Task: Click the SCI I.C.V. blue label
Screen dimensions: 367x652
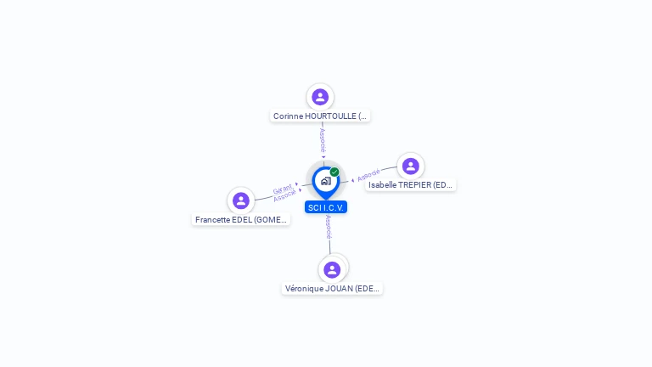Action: tap(326, 207)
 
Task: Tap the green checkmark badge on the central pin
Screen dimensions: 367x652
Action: tap(334, 172)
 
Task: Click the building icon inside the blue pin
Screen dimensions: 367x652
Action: tap(325, 180)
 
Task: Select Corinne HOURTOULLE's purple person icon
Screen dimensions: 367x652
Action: tap(320, 97)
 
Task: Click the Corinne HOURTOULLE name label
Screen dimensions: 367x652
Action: tap(320, 116)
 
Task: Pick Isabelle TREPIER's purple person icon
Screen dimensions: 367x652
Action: tap(410, 166)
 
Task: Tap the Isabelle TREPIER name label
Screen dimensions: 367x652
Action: tap(411, 184)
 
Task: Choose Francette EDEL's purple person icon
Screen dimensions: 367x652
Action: tap(241, 200)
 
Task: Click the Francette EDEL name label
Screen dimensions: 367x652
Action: tap(241, 219)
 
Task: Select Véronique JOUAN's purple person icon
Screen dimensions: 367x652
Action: tap(332, 269)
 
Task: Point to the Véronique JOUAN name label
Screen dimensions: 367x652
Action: tap(332, 288)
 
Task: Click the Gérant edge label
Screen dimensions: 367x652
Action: tap(282, 189)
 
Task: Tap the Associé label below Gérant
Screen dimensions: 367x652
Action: tap(285, 196)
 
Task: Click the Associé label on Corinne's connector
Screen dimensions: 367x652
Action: tap(322, 140)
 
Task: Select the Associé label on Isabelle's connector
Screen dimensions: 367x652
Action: tap(368, 176)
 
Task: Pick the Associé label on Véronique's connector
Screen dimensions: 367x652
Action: tap(329, 227)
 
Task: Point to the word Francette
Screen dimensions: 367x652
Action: tap(213, 219)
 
